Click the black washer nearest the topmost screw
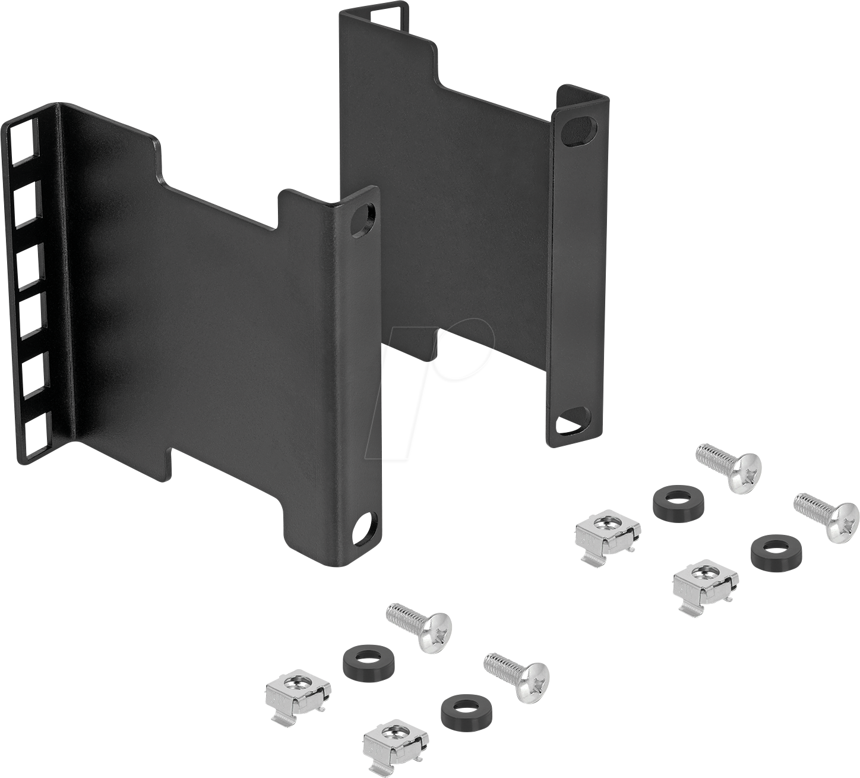point(678,502)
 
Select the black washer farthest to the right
point(774,549)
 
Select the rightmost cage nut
point(705,585)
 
